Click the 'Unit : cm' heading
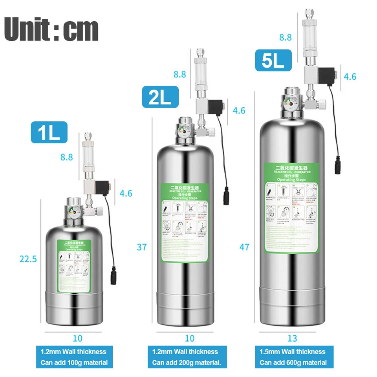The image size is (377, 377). tap(51, 29)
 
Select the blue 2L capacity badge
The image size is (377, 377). tap(160, 97)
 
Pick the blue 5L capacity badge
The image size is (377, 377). tap(273, 60)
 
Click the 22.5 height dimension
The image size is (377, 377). tap(28, 259)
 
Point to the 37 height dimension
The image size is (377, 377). tap(142, 247)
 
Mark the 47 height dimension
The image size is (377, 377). tap(245, 247)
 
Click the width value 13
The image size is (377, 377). tap(292, 338)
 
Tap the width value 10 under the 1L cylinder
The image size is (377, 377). tap(78, 338)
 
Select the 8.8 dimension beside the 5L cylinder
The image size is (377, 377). tap(285, 38)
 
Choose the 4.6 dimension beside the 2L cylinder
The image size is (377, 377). tap(239, 111)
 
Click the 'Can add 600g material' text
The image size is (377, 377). tap(293, 362)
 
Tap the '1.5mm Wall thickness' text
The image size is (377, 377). tap(293, 351)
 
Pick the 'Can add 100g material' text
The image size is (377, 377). tap(74, 362)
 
